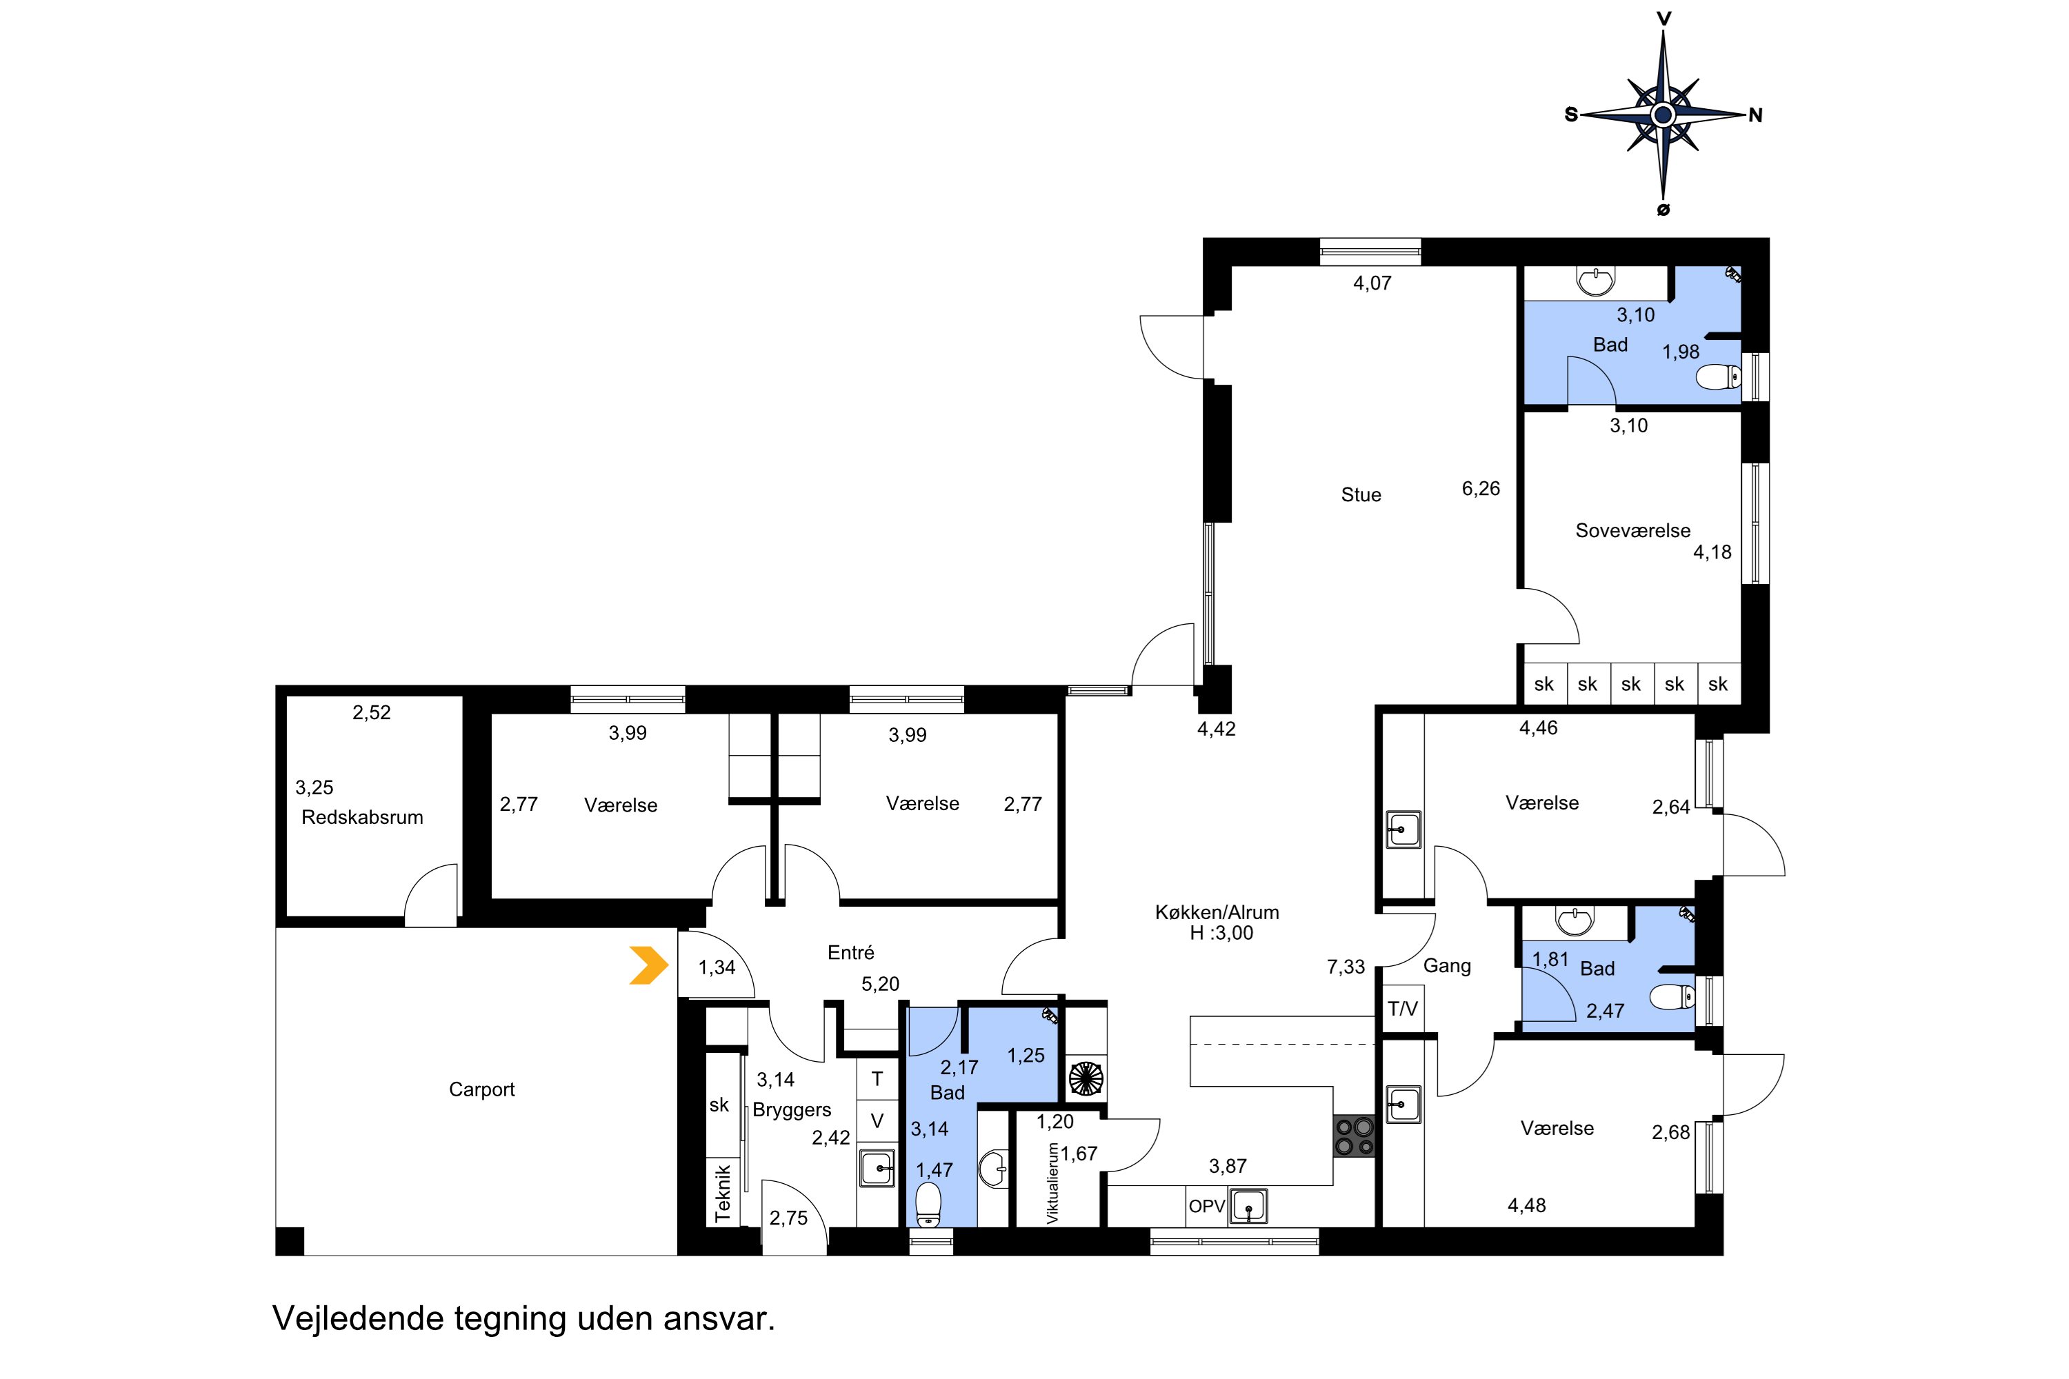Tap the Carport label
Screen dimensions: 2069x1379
[x=481, y=1089]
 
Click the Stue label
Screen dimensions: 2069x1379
[x=1361, y=495]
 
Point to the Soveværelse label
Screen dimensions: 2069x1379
[x=1632, y=530]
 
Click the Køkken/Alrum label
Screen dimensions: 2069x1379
[x=1217, y=912]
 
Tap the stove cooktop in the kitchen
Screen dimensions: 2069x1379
[x=1355, y=1136]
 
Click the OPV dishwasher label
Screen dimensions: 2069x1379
[x=1206, y=1206]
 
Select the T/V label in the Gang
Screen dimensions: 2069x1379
[x=1402, y=1009]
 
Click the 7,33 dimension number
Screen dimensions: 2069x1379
[x=1346, y=967]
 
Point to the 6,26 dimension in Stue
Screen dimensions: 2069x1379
[x=1481, y=489]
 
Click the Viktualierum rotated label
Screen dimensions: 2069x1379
[x=1052, y=1183]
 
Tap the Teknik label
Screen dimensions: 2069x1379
[x=723, y=1194]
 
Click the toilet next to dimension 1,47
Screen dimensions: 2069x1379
[x=928, y=1205]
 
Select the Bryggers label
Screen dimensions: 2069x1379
[x=792, y=1110]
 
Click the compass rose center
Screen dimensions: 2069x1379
[x=1663, y=114]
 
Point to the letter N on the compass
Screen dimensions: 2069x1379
[x=1755, y=115]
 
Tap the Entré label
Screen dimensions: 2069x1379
[x=850, y=952]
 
